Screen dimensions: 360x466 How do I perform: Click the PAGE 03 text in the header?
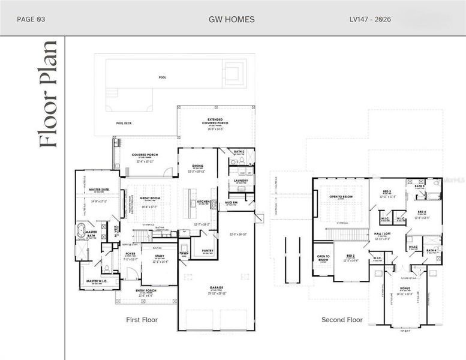31,19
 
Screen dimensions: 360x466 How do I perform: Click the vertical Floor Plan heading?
48,94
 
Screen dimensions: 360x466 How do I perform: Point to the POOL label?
163,77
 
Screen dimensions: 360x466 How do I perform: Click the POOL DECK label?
124,124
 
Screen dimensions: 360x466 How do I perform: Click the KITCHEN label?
204,202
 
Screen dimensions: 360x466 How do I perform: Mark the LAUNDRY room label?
241,180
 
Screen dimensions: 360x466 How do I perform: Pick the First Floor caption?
142,320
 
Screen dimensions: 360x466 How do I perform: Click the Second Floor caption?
342,320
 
